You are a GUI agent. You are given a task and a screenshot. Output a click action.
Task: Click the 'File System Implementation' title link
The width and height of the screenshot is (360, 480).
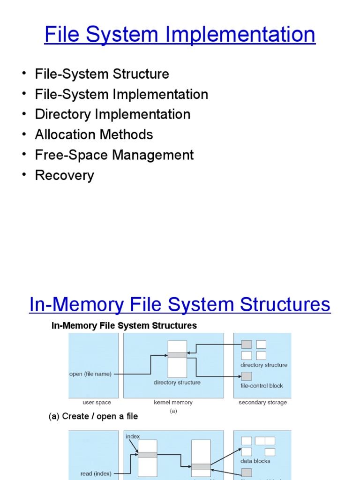pos(180,35)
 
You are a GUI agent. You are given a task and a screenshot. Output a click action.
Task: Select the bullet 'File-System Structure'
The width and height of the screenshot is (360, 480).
pos(102,74)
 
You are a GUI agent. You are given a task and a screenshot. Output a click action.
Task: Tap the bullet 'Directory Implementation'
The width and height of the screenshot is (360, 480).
pos(112,114)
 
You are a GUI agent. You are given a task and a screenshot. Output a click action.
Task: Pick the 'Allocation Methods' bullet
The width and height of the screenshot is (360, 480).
pos(94,135)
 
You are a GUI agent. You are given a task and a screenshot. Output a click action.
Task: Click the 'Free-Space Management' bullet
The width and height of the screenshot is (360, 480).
pos(114,155)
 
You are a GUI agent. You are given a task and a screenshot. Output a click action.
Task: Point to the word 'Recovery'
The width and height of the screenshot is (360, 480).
pos(64,175)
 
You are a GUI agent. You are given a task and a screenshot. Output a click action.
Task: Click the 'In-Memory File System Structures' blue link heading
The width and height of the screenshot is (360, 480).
pos(180,305)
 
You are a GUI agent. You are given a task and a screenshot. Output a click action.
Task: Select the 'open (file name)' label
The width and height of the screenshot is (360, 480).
pos(90,374)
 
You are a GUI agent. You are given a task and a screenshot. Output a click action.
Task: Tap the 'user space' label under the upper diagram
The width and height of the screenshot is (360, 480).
pos(97,402)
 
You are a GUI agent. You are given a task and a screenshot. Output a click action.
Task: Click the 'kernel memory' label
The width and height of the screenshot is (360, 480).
pos(173,402)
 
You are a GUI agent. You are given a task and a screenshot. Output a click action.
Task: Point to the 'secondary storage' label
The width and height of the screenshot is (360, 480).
pos(262,402)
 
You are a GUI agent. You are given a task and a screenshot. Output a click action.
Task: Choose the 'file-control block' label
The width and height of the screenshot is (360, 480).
pos(262,386)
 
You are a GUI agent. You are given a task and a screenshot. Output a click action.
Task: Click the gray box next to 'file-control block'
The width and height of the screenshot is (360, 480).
pos(247,376)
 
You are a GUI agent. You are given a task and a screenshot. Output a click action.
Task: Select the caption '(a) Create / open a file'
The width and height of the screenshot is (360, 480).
pos(93,416)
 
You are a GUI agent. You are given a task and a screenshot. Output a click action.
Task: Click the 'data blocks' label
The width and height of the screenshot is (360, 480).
pos(255,461)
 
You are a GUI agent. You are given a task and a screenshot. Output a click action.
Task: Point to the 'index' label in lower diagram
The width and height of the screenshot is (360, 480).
pos(133,436)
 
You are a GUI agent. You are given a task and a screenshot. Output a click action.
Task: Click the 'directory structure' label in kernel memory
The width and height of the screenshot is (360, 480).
pos(177,382)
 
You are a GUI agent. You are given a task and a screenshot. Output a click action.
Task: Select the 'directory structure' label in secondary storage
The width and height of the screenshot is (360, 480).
pos(264,365)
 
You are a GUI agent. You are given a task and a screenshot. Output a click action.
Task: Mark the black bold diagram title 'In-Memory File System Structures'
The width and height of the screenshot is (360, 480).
pos(124,325)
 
